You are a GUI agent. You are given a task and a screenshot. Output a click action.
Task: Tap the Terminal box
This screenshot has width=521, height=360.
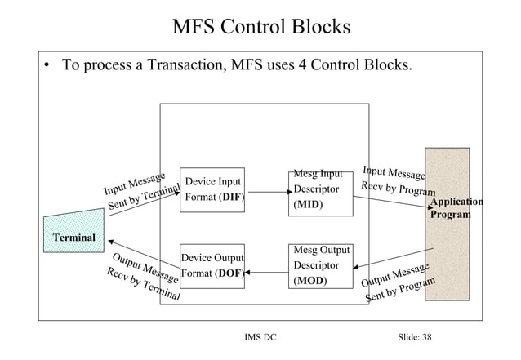73,237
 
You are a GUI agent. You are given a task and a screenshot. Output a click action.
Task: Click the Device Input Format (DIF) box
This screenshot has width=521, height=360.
212,189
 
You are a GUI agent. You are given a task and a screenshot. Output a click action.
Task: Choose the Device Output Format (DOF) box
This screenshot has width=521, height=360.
212,265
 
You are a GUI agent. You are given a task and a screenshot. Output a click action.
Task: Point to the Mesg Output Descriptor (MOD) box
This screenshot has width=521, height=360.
322,266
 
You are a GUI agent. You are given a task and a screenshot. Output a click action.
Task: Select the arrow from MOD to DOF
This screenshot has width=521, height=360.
267,272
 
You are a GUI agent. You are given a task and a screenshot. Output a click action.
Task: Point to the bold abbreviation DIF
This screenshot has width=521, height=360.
231,197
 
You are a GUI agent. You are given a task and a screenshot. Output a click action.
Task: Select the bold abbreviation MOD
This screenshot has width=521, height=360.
309,281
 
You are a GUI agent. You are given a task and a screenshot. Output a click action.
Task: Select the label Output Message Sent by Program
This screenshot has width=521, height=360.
400,283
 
